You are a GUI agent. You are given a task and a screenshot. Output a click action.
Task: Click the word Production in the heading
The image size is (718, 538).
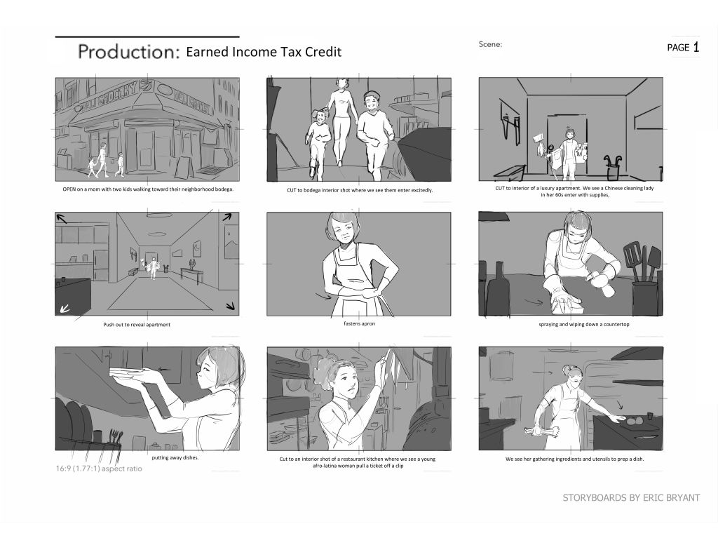(x=128, y=51)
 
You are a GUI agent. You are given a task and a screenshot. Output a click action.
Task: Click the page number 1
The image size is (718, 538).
(x=696, y=47)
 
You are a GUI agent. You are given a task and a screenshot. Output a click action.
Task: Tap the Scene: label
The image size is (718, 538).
(x=490, y=44)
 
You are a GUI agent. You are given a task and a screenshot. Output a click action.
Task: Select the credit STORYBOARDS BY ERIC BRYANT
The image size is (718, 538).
(x=631, y=498)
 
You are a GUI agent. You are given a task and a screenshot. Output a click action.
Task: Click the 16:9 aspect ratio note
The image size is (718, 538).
(x=99, y=469)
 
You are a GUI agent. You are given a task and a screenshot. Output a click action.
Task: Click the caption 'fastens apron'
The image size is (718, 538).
(x=359, y=323)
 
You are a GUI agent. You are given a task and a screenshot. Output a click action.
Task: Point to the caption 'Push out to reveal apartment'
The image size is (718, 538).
(x=137, y=325)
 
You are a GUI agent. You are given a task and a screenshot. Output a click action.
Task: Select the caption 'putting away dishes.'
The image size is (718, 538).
(x=175, y=457)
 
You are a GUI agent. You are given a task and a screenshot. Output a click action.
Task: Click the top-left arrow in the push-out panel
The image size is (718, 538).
(x=62, y=218)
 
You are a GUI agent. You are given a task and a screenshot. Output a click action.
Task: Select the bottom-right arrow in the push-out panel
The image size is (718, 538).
(x=230, y=306)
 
